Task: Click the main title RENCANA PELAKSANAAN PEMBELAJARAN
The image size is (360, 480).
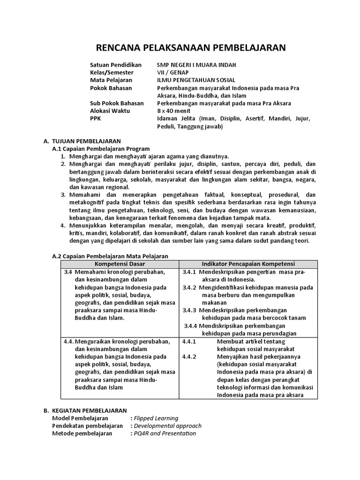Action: (190, 47)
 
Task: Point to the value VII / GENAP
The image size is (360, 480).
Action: (172, 72)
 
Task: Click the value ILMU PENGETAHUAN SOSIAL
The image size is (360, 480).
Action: (196, 80)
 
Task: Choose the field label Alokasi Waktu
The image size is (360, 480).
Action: (110, 111)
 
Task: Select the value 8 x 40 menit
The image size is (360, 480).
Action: (175, 111)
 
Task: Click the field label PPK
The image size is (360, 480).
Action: (95, 119)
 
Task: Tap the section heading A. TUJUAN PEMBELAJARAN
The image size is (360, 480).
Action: (82, 141)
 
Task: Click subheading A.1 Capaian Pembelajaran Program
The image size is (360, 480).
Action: (100, 149)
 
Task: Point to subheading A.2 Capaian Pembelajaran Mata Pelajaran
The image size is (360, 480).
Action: (109, 256)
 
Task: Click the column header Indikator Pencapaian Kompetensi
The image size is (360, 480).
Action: (248, 264)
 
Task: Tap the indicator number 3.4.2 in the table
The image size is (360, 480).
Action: (190, 287)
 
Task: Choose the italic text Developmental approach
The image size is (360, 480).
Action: (167, 426)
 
